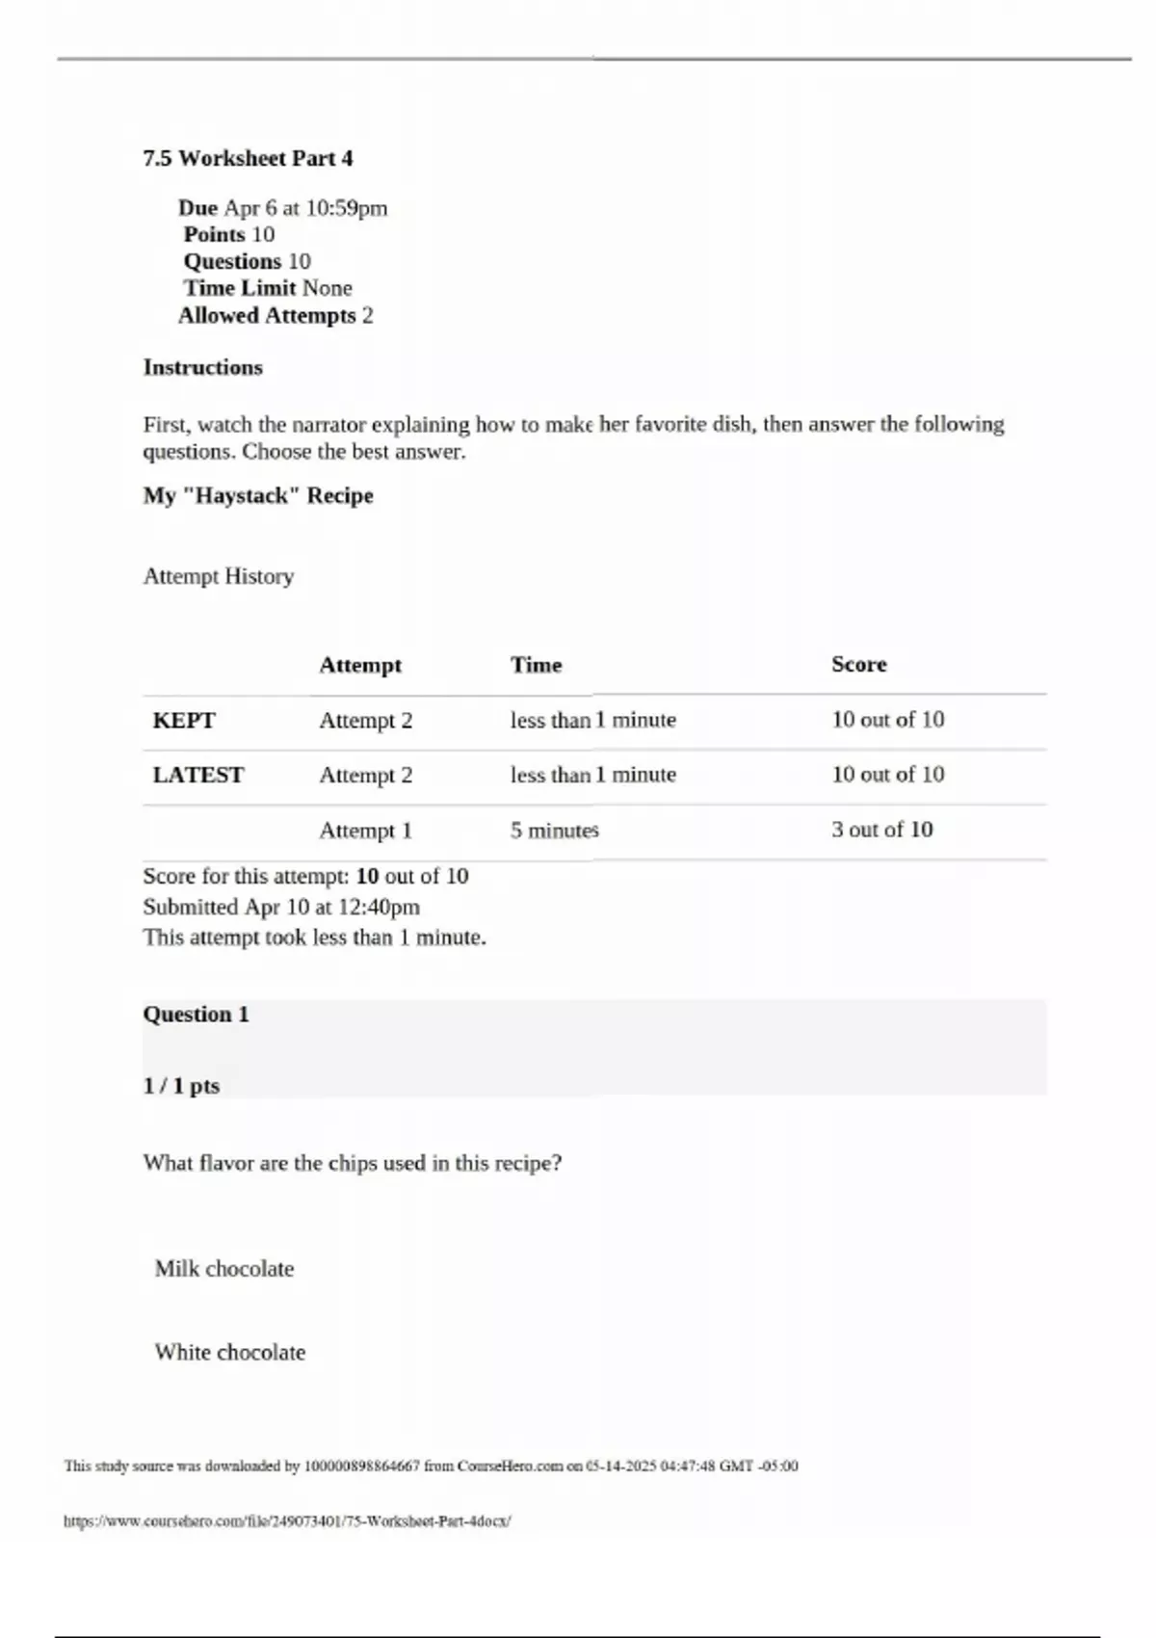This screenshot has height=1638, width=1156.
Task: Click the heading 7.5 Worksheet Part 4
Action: coord(248,158)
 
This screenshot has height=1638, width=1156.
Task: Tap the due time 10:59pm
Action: coord(346,208)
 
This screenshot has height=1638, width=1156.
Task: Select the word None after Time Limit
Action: coord(328,288)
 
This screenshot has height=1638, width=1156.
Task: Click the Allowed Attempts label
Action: coord(267,315)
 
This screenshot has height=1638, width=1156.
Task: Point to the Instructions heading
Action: coord(202,367)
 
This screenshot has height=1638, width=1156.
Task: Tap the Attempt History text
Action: coord(219,576)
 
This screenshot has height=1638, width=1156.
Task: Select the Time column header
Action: coord(536,665)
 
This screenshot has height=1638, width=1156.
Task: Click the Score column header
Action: coord(858,664)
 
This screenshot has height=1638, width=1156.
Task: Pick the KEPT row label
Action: coord(184,721)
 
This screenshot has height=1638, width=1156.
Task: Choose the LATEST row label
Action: coord(198,776)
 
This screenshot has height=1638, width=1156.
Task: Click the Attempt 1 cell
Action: coord(365,831)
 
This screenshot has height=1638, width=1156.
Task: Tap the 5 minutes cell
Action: coord(554,831)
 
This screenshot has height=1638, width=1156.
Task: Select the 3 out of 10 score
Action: coord(881,830)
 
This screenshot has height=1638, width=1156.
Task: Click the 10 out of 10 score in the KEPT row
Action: coord(887,720)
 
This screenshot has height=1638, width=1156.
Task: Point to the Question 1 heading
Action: coord(196,1015)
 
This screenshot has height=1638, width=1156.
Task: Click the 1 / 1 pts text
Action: coord(181,1086)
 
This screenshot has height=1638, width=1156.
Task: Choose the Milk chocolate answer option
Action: coord(224,1269)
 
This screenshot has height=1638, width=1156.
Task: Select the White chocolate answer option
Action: coord(230,1353)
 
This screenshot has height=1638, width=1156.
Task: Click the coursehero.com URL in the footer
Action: coord(287,1521)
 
